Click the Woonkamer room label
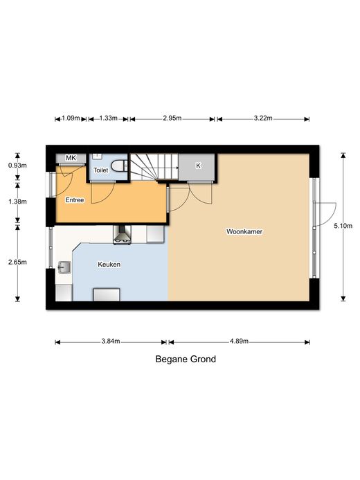[x=244, y=231]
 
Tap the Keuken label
[x=109, y=264]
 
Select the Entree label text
[x=75, y=200]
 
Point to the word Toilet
[x=100, y=170]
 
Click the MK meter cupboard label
[x=71, y=158]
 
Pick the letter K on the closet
[x=198, y=166]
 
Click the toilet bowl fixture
[x=119, y=166]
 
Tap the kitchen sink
[x=64, y=267]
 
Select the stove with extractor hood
[x=122, y=235]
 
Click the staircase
[x=154, y=167]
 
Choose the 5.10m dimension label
[x=343, y=226]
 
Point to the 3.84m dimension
[x=111, y=341]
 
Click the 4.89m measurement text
[x=239, y=341]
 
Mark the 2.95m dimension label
[x=172, y=118]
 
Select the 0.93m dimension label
[x=17, y=166]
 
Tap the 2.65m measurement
[x=17, y=262]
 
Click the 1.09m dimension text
[x=71, y=118]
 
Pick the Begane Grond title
[x=186, y=359]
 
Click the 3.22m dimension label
[x=263, y=118]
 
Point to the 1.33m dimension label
[x=108, y=118]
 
